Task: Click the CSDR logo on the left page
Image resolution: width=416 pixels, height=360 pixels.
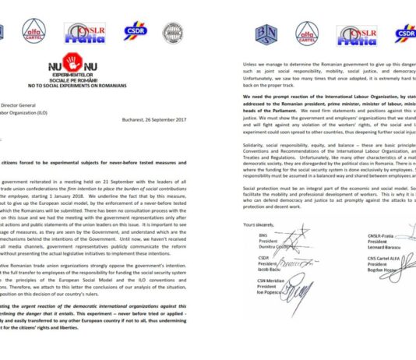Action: (134, 32)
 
